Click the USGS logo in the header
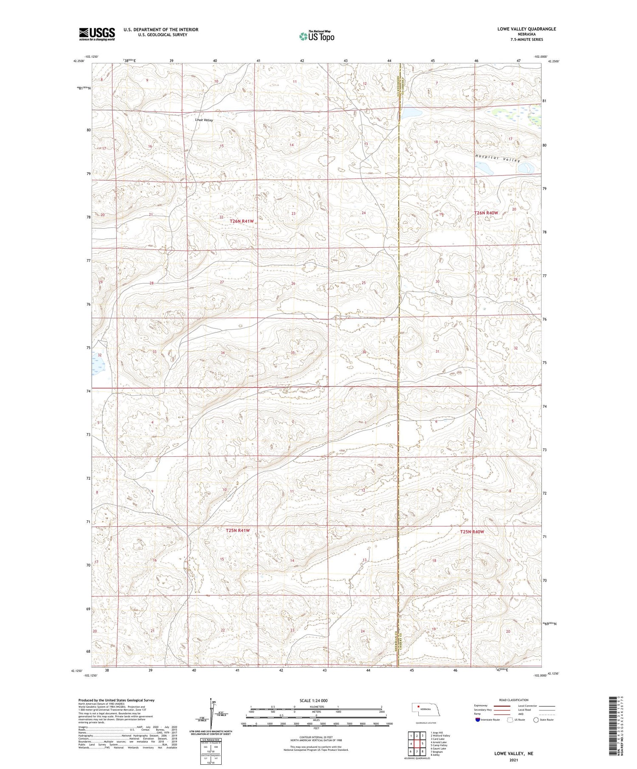[x=97, y=34]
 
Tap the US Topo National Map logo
[x=316, y=36]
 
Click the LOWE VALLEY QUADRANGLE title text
[x=527, y=29]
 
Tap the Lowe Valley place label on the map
[x=204, y=120]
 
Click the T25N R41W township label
[x=237, y=531]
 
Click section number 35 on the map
[x=293, y=353]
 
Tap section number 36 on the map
[x=364, y=352]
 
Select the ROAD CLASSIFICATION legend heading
[x=514, y=700]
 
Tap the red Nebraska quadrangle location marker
[x=418, y=707]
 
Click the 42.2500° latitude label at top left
[x=79, y=61]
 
